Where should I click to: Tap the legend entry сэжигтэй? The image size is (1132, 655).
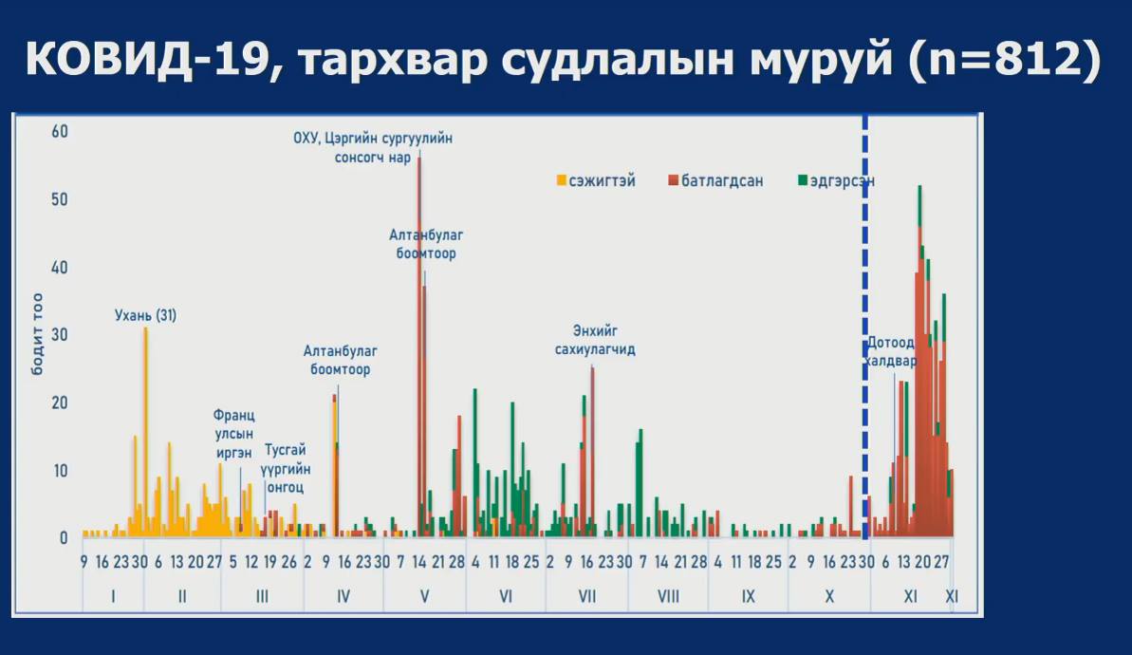[601, 180]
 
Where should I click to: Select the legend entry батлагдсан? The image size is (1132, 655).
[721, 180]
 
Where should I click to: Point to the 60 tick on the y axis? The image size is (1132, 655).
[60, 131]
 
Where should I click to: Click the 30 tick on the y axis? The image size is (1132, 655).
[60, 334]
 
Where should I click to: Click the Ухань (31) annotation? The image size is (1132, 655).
[145, 315]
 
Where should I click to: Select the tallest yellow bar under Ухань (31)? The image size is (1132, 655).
[145, 427]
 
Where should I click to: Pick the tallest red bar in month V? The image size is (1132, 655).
[419, 342]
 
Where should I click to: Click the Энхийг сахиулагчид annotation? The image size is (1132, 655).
[595, 340]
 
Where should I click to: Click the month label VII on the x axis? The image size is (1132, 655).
[586, 597]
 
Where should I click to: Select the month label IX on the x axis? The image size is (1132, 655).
[748, 597]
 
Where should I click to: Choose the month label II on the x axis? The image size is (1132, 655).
[182, 597]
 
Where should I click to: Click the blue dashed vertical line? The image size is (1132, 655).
[864, 285]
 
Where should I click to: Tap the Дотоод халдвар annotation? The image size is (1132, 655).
[891, 352]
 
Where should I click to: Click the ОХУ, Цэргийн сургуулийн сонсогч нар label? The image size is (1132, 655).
[373, 148]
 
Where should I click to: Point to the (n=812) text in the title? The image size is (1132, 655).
[1005, 61]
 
